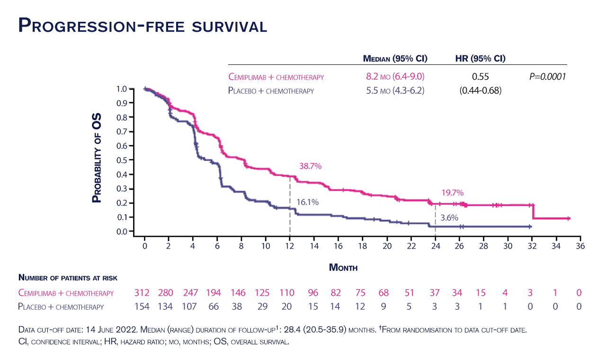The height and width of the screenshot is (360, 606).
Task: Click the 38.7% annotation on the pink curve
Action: pyautogui.click(x=310, y=166)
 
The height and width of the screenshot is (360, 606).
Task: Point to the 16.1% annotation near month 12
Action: pyautogui.click(x=307, y=202)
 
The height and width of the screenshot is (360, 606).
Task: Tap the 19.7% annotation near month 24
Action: pyautogui.click(x=452, y=193)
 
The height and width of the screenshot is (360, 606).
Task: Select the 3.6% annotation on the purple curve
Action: pyautogui.click(x=449, y=218)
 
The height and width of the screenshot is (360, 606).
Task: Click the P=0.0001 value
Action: pyautogui.click(x=547, y=77)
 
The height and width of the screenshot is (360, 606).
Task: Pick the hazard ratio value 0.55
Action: pyautogui.click(x=480, y=77)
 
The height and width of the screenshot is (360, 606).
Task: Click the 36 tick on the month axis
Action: pyautogui.click(x=580, y=246)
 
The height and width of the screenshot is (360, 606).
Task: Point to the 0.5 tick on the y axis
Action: pyautogui.click(x=122, y=160)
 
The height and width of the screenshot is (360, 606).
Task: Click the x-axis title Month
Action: pyautogui.click(x=343, y=268)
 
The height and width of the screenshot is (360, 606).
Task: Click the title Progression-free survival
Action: pyautogui.click(x=142, y=25)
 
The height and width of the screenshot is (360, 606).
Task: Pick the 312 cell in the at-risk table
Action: pyautogui.click(x=142, y=293)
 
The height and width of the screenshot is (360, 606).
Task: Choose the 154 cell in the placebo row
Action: pyautogui.click(x=142, y=307)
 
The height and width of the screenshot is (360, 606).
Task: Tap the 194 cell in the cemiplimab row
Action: pyautogui.click(x=214, y=293)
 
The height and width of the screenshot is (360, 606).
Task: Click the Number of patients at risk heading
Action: pyautogui.click(x=68, y=278)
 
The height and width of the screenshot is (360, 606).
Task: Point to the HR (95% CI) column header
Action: pyautogui.click(x=480, y=59)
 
